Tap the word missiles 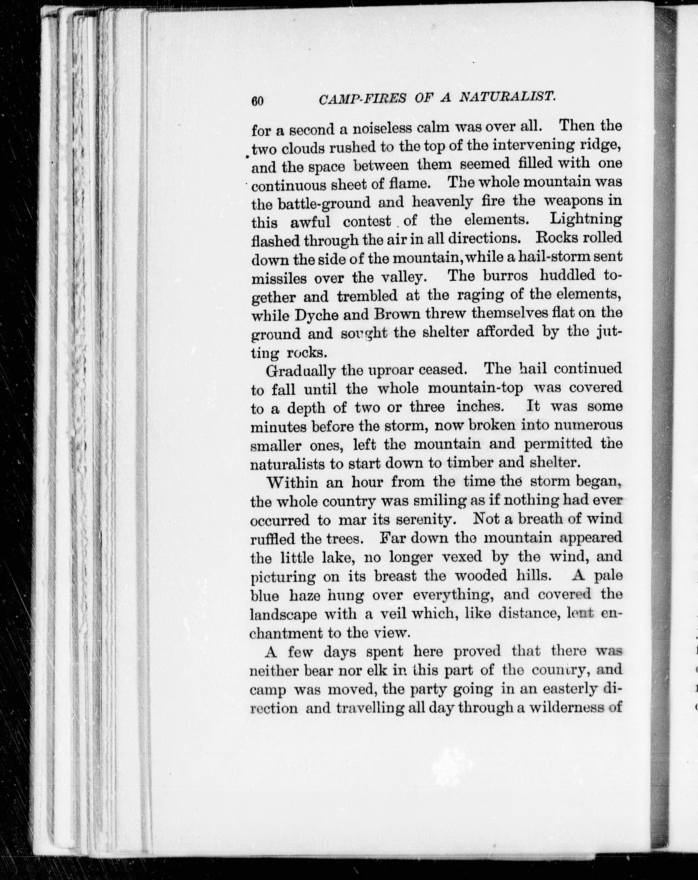279,278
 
